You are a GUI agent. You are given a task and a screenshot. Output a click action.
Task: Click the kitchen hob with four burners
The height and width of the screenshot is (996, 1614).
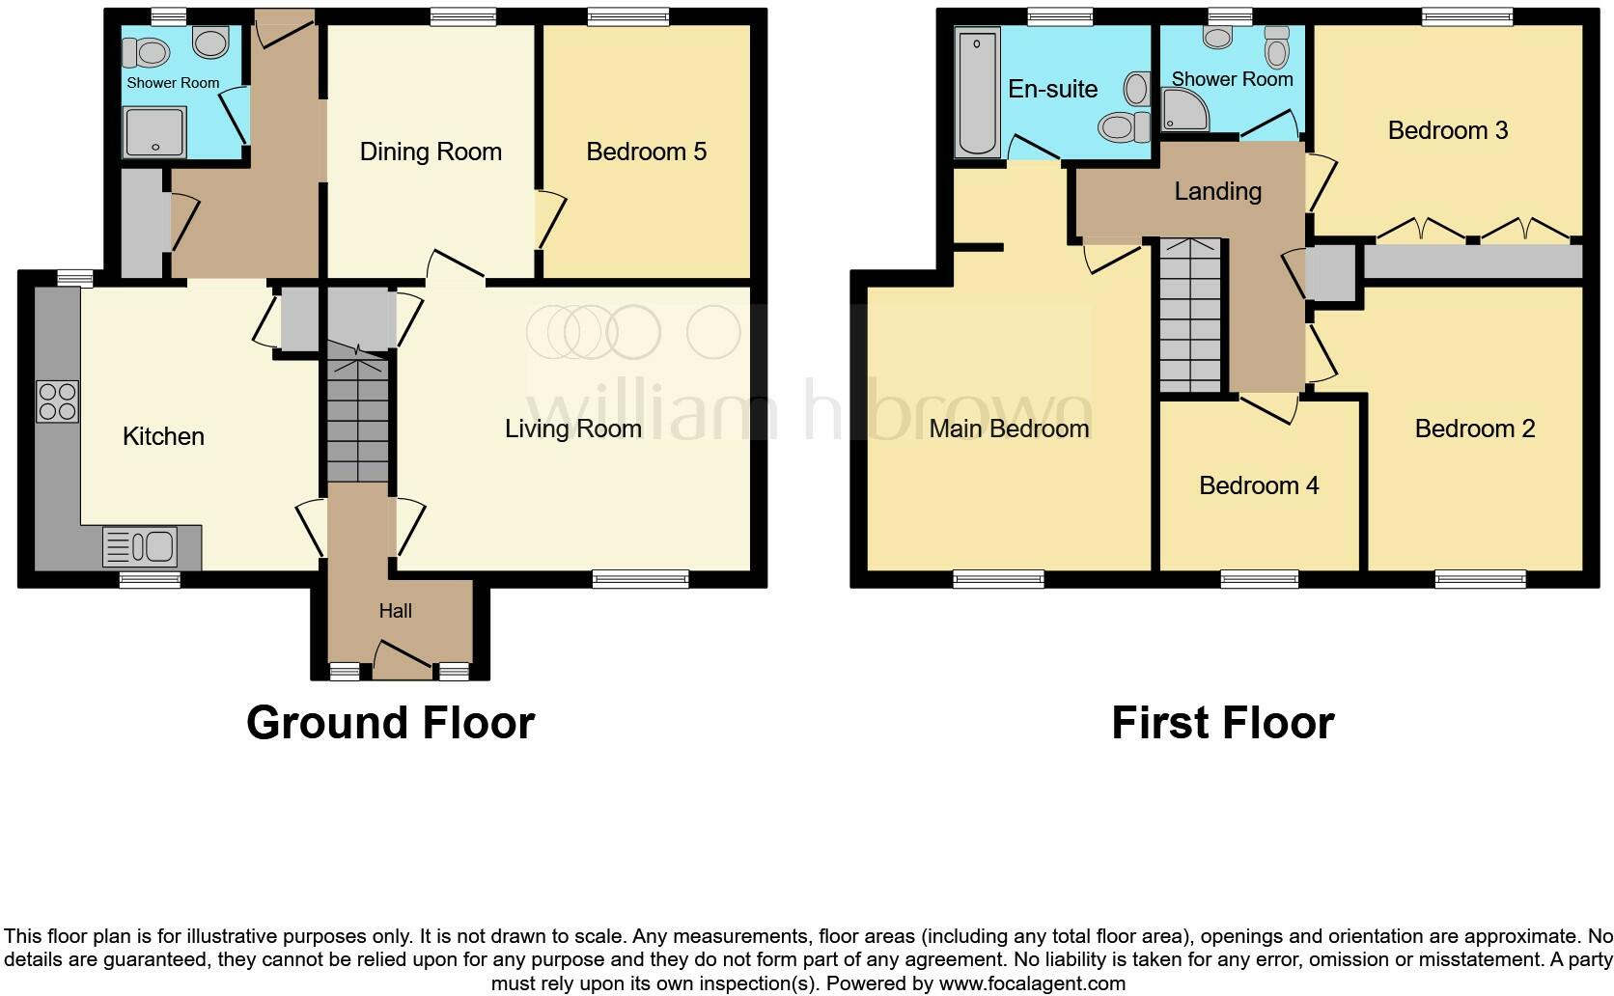click(58, 402)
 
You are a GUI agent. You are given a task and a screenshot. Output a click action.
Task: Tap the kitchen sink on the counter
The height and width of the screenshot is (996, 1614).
click(141, 547)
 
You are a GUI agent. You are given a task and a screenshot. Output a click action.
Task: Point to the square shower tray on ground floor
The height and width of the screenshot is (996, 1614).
click(154, 132)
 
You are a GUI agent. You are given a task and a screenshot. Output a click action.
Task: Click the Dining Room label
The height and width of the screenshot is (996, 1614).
click(431, 152)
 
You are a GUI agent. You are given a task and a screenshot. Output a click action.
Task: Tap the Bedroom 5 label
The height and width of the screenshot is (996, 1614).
click(646, 152)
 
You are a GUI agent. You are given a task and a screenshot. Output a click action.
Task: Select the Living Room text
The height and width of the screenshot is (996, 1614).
click(572, 429)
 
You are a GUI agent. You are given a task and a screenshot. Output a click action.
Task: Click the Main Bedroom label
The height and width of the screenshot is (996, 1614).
click(1009, 429)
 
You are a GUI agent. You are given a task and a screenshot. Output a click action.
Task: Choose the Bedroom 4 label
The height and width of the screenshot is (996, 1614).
click(1259, 485)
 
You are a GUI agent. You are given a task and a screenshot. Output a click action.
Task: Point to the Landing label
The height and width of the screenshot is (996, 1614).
click(1217, 191)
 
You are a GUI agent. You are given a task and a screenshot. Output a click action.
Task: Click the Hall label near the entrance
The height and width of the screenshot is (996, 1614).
click(395, 611)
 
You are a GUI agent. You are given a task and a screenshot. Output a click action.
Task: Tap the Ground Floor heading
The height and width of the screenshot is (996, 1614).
click(390, 723)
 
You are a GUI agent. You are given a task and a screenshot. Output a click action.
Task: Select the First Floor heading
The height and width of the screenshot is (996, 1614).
click(1222, 723)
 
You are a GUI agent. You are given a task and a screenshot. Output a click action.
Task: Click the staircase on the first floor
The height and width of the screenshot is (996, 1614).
click(1190, 317)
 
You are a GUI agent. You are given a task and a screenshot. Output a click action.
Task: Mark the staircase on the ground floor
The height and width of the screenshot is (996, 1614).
click(358, 420)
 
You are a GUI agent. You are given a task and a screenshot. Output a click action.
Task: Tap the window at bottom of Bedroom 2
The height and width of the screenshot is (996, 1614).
click(1480, 579)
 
